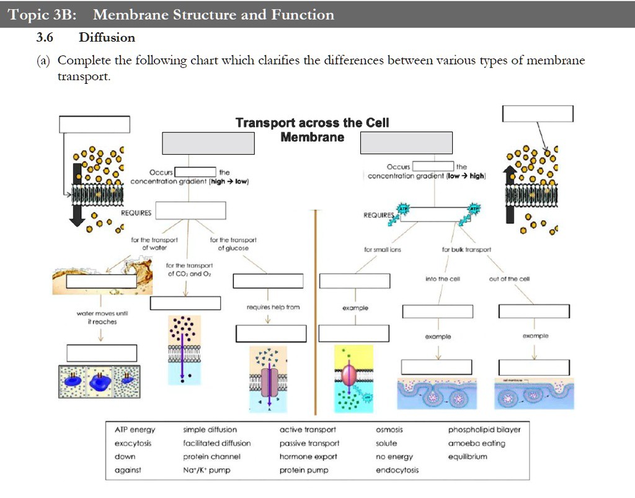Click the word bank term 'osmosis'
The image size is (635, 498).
(389, 430)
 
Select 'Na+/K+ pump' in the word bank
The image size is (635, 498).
(206, 470)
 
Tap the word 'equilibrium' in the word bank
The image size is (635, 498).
(468, 456)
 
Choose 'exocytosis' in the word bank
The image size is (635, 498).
(133, 443)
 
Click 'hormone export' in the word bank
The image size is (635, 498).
(308, 456)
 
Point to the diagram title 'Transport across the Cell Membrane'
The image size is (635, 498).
(312, 130)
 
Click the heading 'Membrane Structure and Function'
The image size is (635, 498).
(213, 15)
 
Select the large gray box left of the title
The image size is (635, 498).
(208, 143)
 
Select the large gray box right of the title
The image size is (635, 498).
(406, 143)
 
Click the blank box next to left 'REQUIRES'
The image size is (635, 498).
(189, 211)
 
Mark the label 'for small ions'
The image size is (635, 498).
(382, 250)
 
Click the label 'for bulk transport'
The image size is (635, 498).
(466, 250)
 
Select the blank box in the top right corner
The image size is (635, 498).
(538, 114)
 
